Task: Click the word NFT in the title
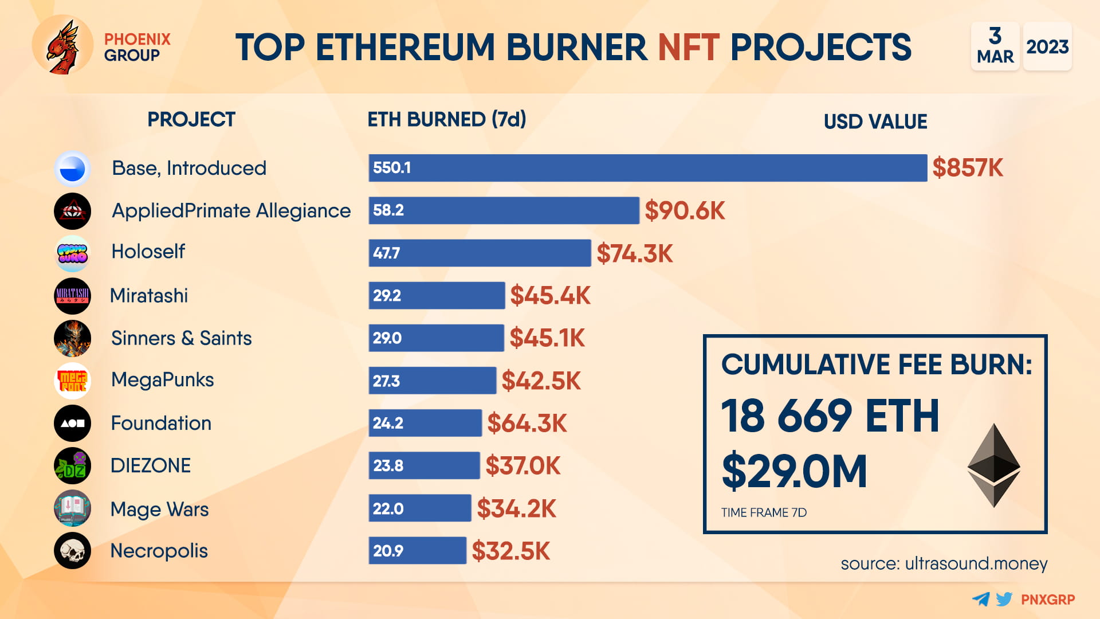pyautogui.click(x=688, y=47)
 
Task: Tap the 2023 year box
pyautogui.click(x=1047, y=46)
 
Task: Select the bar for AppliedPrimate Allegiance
pyautogui.click(x=503, y=210)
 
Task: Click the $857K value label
pyautogui.click(x=967, y=168)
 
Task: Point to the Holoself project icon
pyautogui.click(x=72, y=253)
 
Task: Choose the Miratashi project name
pyautogui.click(x=149, y=296)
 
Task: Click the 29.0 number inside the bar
pyautogui.click(x=387, y=338)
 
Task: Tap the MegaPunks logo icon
pyautogui.click(x=72, y=381)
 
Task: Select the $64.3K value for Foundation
pyautogui.click(x=527, y=424)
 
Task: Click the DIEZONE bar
pyautogui.click(x=424, y=465)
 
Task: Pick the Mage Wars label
pyautogui.click(x=159, y=509)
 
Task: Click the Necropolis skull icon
pyautogui.click(x=72, y=551)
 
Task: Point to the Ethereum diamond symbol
pyautogui.click(x=993, y=465)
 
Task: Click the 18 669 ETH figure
pyautogui.click(x=830, y=416)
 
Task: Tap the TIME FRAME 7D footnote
pyautogui.click(x=763, y=512)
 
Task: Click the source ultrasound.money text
pyautogui.click(x=944, y=563)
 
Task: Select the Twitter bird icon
pyautogui.click(x=1004, y=600)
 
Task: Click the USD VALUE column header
pyautogui.click(x=875, y=122)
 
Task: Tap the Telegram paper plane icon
pyautogui.click(x=981, y=600)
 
